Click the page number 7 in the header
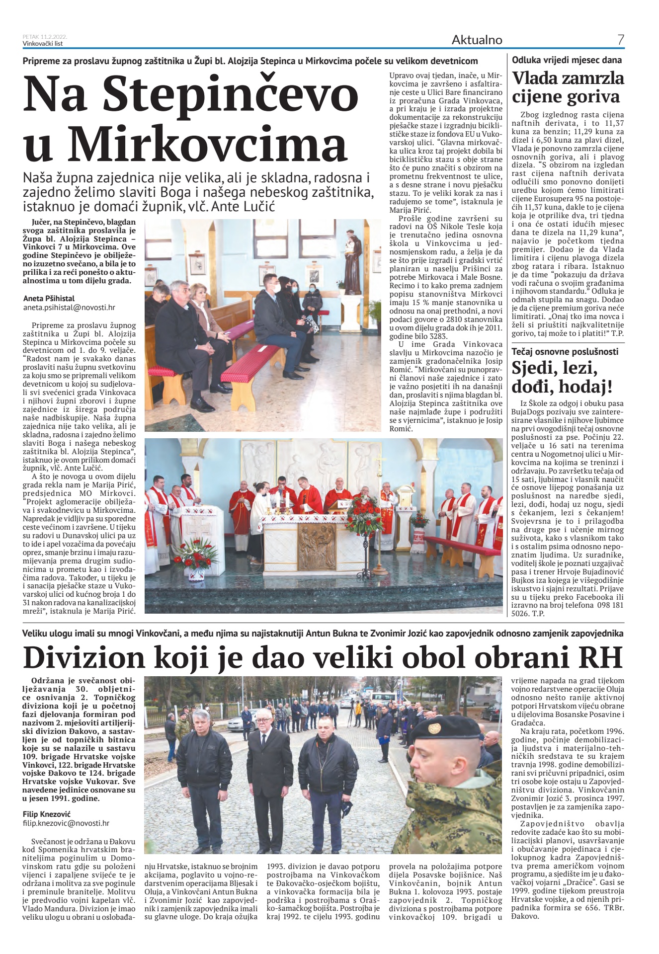click(620, 40)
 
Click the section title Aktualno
click(477, 40)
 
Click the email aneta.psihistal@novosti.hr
click(69, 308)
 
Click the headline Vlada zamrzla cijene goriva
click(568, 87)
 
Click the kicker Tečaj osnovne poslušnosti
click(565, 351)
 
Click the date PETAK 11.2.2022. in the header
click(45, 37)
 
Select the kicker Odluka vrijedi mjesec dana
click(567, 60)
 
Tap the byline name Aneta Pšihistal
click(49, 299)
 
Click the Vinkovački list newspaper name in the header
click(43, 43)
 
